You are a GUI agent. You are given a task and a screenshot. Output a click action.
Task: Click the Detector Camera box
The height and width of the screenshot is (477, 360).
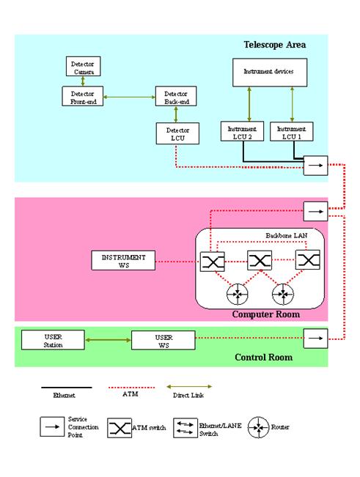coord(83,67)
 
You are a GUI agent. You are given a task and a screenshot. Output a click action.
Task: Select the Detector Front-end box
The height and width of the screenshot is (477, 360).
coord(83,96)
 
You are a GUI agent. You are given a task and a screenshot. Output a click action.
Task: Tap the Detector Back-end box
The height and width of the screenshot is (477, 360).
coord(176,96)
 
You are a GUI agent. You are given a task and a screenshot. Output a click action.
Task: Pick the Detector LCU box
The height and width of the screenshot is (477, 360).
coord(177,133)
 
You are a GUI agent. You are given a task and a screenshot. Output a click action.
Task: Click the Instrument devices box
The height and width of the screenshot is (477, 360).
coord(270,73)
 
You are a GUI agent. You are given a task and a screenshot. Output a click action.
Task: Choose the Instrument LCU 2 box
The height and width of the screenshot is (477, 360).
coord(242,131)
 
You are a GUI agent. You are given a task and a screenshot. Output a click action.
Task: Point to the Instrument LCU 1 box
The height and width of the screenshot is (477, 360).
coord(292,131)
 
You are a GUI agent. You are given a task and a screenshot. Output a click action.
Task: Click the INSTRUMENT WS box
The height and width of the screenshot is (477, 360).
coord(123,260)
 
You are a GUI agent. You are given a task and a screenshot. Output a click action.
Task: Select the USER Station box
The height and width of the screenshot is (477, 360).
coord(53,340)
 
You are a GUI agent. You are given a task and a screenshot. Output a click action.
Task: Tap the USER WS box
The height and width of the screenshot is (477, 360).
coord(164,341)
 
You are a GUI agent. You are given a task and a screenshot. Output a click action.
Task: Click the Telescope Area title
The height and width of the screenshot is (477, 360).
coord(274,45)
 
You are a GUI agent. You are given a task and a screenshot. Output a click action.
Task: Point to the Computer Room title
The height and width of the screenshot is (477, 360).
coord(266,314)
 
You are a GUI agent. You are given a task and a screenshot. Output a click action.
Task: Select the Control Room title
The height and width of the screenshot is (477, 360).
coord(263,357)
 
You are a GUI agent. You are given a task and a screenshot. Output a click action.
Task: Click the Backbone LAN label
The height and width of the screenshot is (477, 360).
coord(287,235)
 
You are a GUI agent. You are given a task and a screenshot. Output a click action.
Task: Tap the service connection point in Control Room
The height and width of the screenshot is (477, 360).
coord(315,339)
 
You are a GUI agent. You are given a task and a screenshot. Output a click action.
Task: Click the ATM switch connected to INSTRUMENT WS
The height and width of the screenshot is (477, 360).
coord(213,262)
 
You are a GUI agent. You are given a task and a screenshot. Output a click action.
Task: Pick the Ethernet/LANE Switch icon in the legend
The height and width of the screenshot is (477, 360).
coord(185,428)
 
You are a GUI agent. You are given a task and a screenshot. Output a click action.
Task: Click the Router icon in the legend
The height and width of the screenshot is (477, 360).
coord(258,427)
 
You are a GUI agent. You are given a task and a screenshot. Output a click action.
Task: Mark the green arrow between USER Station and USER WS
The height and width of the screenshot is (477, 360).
coord(108,340)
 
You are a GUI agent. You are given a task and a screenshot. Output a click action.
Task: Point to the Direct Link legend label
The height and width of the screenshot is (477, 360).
coord(188,395)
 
